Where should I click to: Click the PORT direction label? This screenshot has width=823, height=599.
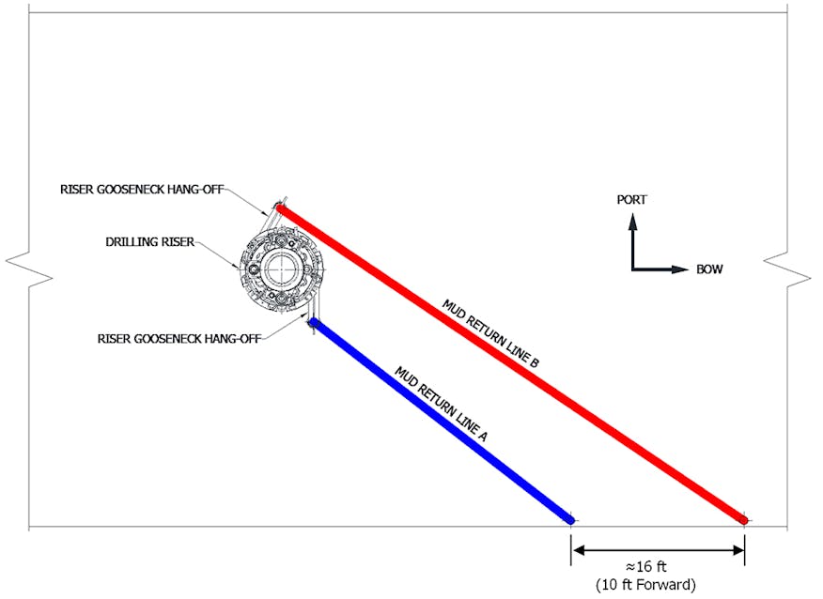point(631,199)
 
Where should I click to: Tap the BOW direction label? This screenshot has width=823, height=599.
point(709,269)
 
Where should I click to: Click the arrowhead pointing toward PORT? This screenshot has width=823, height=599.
point(632,221)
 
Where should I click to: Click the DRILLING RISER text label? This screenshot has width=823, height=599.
point(149,241)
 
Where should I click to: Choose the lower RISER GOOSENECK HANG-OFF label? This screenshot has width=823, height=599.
point(178,338)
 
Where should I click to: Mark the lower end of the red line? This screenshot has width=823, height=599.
point(742,518)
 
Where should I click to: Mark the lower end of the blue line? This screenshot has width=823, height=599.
point(569,518)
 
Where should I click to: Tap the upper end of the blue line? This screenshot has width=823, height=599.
point(314,324)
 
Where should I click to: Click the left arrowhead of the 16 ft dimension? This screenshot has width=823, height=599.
point(578,549)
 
